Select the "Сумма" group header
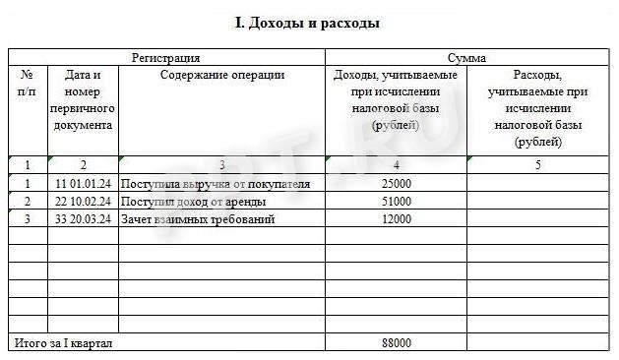coord(465,58)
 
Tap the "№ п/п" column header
coord(27,84)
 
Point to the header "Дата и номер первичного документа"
coord(83,99)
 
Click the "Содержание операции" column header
coord(222,76)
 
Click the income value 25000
coord(396,184)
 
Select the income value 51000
coord(396,202)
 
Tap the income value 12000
coord(396,218)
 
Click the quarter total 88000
coord(396,343)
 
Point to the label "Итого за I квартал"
coord(63,343)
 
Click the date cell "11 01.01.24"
coord(83,184)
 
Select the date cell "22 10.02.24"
coord(83,202)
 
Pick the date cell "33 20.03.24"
coord(83,218)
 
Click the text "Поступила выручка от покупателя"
coord(216,184)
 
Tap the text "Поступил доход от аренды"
coord(197,202)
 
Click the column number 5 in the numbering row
coord(537,165)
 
